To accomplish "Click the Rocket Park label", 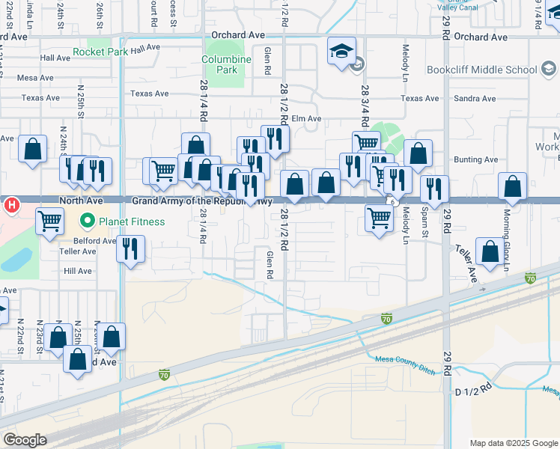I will (x=100, y=52).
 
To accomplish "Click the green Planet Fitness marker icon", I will (x=88, y=222).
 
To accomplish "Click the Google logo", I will (x=25, y=440).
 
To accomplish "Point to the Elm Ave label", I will (x=306, y=118).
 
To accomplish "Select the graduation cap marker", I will (x=341, y=52).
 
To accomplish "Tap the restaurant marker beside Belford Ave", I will (x=131, y=249).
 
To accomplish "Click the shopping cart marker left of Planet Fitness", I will (x=49, y=222).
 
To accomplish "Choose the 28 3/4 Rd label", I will (x=365, y=104).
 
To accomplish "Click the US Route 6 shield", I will (x=392, y=201).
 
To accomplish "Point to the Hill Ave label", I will (x=77, y=271).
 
